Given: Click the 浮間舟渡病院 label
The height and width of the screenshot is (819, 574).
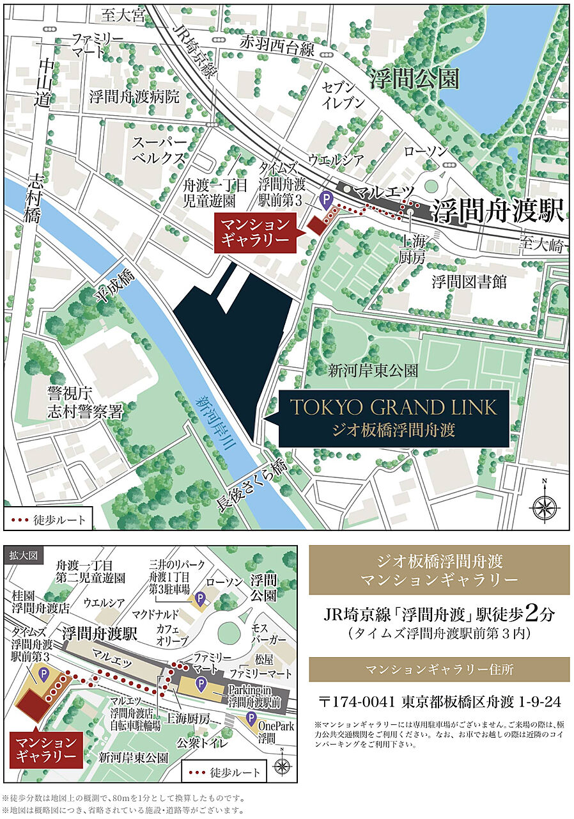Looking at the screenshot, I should [135, 97].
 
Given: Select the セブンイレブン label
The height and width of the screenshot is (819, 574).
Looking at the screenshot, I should [343, 95].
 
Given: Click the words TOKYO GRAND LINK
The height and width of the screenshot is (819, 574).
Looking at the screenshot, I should [393, 407].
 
